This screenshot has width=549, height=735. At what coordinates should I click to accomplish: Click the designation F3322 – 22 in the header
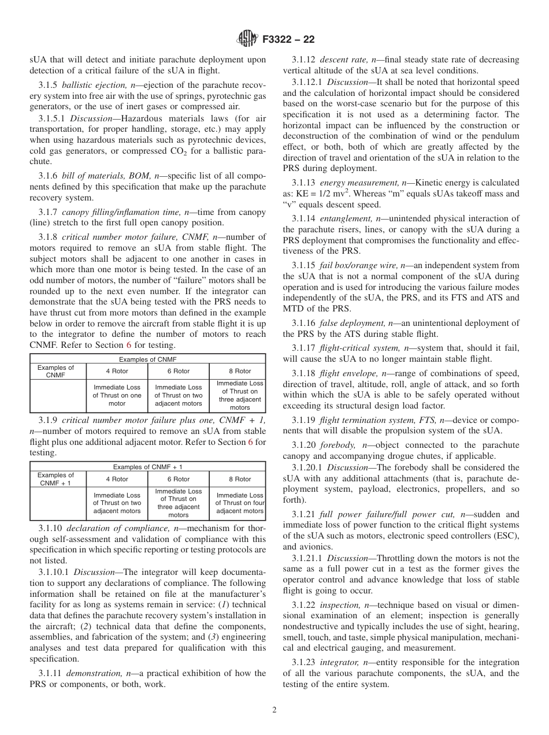click(288, 40)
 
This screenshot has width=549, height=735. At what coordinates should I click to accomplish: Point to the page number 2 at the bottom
click(274, 710)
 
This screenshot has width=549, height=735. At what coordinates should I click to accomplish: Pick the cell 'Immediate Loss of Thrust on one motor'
click(117, 395)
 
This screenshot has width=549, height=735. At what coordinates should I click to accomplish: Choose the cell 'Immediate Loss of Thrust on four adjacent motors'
click(239, 503)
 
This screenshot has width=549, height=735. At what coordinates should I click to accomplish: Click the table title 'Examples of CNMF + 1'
click(147, 466)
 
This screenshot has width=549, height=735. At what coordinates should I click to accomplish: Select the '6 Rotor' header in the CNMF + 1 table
click(178, 479)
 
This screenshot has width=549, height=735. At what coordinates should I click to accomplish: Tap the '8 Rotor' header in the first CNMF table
click(240, 371)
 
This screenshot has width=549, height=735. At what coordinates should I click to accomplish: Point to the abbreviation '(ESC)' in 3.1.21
click(506, 536)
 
